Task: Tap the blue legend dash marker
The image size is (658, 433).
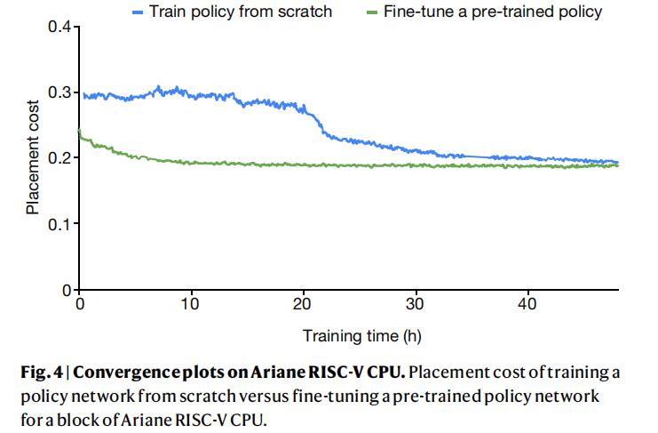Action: (138, 12)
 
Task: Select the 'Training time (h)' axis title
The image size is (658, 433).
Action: (361, 336)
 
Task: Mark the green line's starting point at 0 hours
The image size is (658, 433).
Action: (80, 131)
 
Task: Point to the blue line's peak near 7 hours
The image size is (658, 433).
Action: (159, 87)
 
